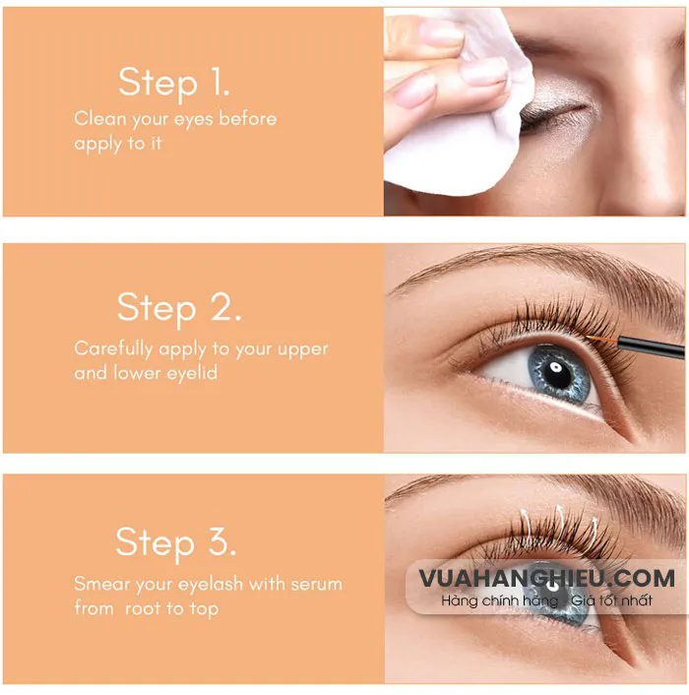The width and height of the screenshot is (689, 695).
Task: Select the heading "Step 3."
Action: click(x=176, y=542)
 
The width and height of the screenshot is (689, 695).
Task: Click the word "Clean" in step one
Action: click(x=99, y=119)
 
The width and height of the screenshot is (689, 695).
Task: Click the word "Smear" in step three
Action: click(x=100, y=584)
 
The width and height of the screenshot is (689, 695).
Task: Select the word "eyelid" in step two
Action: click(x=190, y=374)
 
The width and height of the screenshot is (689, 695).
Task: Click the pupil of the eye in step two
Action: click(x=554, y=371)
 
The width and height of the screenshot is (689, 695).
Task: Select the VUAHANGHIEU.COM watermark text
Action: click(x=546, y=579)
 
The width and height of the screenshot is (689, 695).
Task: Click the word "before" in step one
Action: click(x=247, y=119)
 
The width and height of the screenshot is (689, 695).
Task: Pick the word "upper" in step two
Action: click(x=302, y=349)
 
